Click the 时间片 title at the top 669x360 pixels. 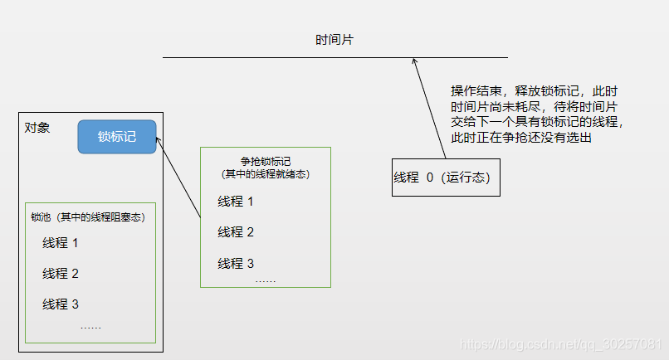pyautogui.click(x=335, y=41)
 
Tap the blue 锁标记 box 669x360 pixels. pyautogui.click(x=117, y=137)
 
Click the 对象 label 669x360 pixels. pyautogui.click(x=37, y=128)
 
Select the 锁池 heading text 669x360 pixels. pyautogui.click(x=88, y=217)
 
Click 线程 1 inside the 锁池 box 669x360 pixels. pyautogui.click(x=61, y=243)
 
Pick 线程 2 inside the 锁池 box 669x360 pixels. pyautogui.click(x=61, y=274)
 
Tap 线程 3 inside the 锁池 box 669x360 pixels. pyautogui.click(x=61, y=304)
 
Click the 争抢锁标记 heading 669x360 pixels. pyautogui.click(x=265, y=162)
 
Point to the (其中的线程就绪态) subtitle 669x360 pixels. pyautogui.click(x=265, y=174)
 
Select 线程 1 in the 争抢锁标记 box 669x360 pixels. pyautogui.click(x=236, y=202)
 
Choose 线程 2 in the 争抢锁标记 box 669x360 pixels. pyautogui.click(x=236, y=232)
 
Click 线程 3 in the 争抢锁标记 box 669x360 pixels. pyautogui.click(x=236, y=263)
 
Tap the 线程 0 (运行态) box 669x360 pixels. pyautogui.click(x=446, y=177)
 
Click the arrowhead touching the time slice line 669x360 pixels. pyautogui.click(x=414, y=61)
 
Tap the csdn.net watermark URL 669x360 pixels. pyautogui.click(x=561, y=343)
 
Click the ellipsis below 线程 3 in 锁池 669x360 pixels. pyautogui.click(x=91, y=327)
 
